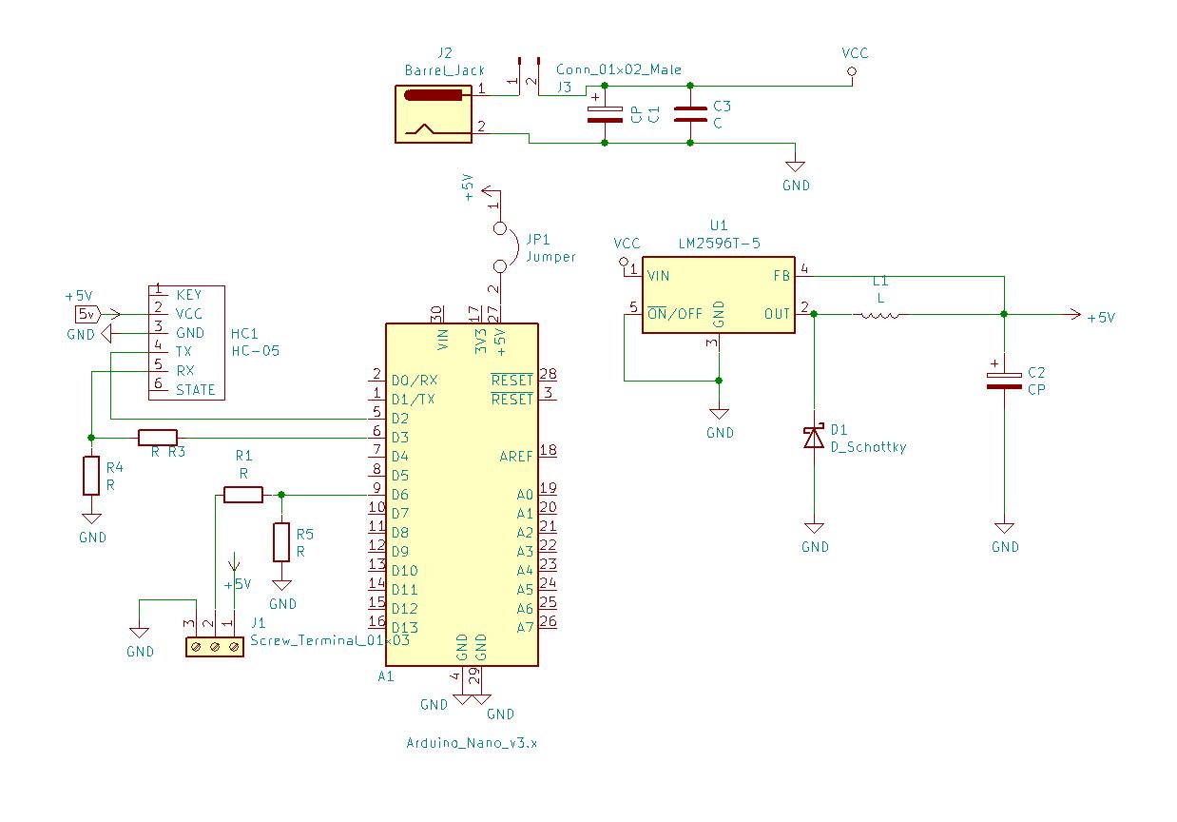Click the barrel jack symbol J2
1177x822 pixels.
point(434,113)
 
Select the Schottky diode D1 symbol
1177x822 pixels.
point(814,437)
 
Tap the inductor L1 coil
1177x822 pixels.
point(879,314)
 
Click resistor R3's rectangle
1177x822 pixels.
point(158,438)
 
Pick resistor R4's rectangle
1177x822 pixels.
point(91,476)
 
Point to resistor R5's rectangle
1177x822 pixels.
point(281,541)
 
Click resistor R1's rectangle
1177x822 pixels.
point(243,495)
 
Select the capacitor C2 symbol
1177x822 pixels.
point(1004,381)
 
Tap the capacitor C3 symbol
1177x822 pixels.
point(690,114)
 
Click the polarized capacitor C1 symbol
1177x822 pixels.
point(606,114)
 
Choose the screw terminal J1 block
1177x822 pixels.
point(215,647)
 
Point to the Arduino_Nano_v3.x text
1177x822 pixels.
point(473,743)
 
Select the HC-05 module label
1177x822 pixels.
point(256,351)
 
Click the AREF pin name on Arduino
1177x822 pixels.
point(516,457)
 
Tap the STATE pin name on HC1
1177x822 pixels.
point(196,390)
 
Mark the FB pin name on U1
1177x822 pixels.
point(781,276)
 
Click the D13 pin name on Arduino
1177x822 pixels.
point(404,628)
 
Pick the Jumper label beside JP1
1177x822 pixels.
point(550,257)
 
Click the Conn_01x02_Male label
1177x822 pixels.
point(619,69)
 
